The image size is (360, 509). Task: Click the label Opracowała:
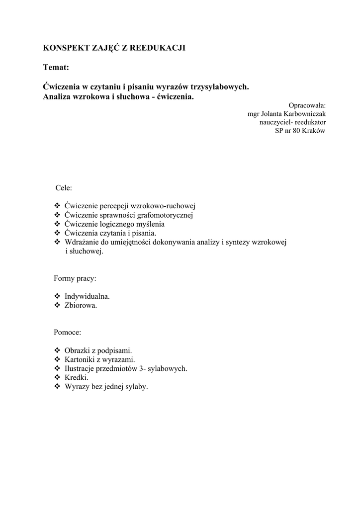(x=307, y=105)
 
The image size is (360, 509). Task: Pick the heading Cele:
(x=64, y=188)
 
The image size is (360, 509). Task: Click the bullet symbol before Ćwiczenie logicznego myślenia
(x=57, y=224)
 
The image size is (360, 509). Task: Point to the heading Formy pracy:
(x=75, y=278)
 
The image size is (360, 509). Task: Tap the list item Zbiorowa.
(x=81, y=305)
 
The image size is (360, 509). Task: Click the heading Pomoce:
(x=67, y=332)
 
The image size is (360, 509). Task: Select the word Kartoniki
(x=81, y=359)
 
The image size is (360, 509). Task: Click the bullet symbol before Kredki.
(x=57, y=377)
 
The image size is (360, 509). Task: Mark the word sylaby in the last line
(x=135, y=386)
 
